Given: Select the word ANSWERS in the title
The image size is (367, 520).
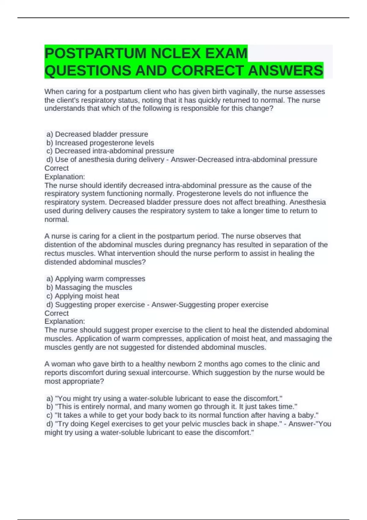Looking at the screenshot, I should click(285, 71).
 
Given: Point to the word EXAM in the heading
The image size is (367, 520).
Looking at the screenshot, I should click(226, 54).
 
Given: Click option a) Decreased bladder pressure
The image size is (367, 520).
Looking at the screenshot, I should click(97, 134).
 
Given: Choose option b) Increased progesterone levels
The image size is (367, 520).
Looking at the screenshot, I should click(100, 143).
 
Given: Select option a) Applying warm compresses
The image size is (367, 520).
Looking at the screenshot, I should click(96, 279).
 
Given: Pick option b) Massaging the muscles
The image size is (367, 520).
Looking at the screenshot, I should click(89, 288).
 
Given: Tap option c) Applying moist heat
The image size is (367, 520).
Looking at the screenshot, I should click(83, 296).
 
